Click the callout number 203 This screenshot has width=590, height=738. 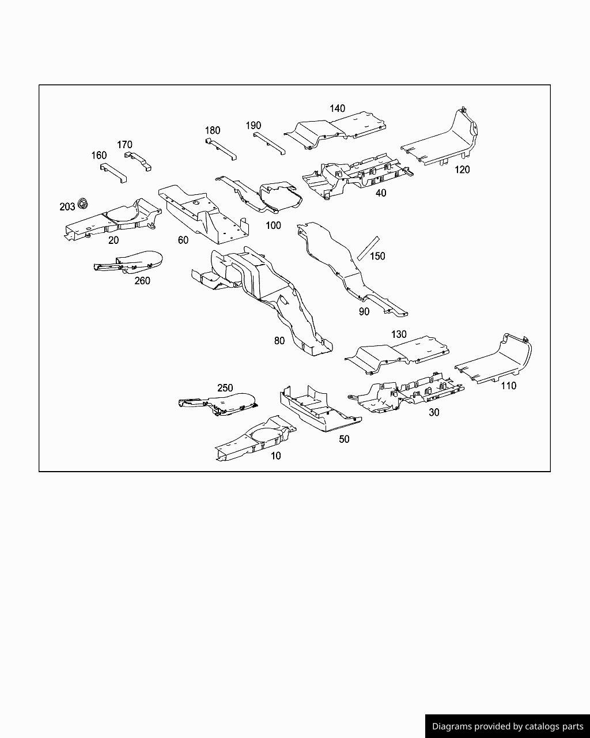click(x=67, y=207)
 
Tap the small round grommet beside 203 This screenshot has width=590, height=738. click(x=83, y=203)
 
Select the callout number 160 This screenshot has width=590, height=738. click(x=99, y=156)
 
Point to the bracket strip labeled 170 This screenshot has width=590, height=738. click(x=138, y=160)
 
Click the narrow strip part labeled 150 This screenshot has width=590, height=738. click(x=368, y=248)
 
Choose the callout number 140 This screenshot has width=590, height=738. click(x=337, y=109)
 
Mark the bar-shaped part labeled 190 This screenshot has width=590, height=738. click(x=270, y=144)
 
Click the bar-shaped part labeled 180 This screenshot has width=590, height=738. click(x=221, y=149)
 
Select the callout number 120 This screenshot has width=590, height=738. click(x=462, y=170)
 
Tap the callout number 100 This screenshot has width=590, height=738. click(x=273, y=225)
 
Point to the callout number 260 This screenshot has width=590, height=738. click(x=142, y=281)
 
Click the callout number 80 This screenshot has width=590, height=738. click(x=279, y=341)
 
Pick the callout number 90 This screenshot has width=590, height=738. click(x=364, y=312)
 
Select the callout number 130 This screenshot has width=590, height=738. click(x=399, y=334)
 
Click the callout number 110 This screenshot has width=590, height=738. click(x=508, y=386)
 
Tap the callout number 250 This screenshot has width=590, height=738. click(x=225, y=388)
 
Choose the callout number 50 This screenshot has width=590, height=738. click(x=344, y=439)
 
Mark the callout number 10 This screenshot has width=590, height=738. click(x=275, y=455)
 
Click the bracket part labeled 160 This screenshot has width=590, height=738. click(x=114, y=173)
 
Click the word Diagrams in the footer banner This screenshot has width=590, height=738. click(x=452, y=726)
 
